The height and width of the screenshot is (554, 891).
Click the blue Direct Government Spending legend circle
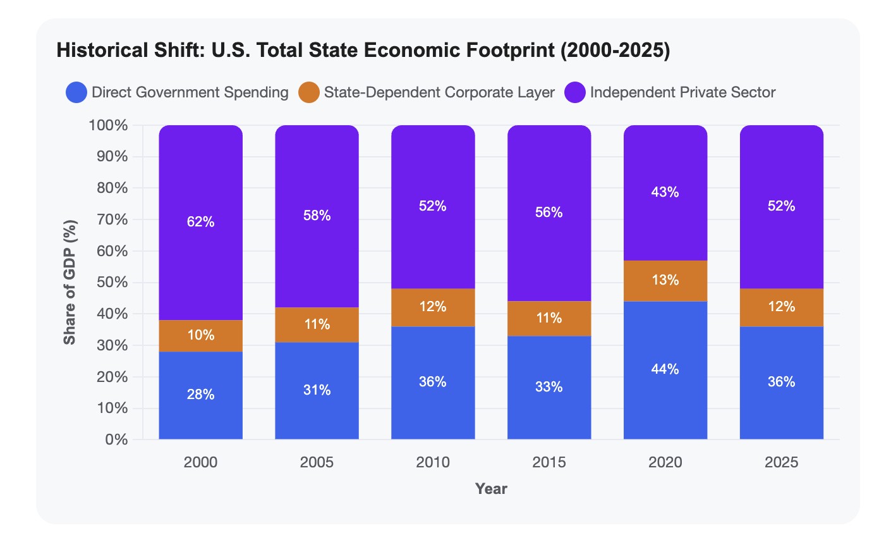tap(76, 92)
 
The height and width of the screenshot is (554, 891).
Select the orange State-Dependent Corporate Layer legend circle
tap(309, 92)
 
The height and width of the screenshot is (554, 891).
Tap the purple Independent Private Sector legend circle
tap(575, 92)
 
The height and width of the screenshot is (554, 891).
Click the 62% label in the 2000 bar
tap(200, 222)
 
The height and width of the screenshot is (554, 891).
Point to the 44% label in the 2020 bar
tap(665, 369)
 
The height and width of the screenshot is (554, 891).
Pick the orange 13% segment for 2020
tap(665, 281)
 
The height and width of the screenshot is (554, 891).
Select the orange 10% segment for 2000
tap(201, 336)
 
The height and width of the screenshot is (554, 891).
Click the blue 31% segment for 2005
tap(317, 391)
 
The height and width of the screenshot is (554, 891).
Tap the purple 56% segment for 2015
tap(549, 213)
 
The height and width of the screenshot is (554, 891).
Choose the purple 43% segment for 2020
tap(665, 193)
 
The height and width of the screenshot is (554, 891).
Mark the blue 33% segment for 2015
tap(549, 388)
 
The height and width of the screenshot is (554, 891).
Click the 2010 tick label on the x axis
tap(433, 462)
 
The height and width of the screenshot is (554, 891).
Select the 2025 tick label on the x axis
tap(781, 462)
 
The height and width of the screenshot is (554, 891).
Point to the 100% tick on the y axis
tap(108, 125)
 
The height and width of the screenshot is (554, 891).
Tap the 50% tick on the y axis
tap(112, 283)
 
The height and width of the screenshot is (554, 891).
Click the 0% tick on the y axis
tap(116, 440)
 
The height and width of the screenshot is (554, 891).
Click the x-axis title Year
tap(491, 489)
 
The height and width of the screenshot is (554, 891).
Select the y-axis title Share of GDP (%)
tap(70, 282)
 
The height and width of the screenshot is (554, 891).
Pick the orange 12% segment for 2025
tap(782, 307)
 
